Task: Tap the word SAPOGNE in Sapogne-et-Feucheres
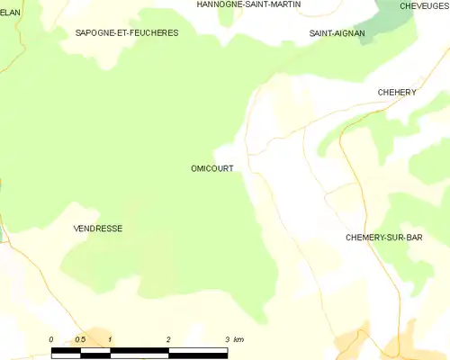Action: (x=96, y=32)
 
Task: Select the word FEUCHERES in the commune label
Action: (x=153, y=32)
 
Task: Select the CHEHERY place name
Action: (x=396, y=92)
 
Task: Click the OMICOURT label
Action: (x=212, y=168)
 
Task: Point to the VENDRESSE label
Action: (x=97, y=229)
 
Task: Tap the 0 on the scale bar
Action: (x=51, y=339)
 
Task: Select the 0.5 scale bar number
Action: (x=80, y=339)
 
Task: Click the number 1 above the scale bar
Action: (x=110, y=339)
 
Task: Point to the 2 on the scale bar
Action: (x=168, y=339)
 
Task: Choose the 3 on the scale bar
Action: (x=227, y=339)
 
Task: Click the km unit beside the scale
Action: (x=239, y=339)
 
